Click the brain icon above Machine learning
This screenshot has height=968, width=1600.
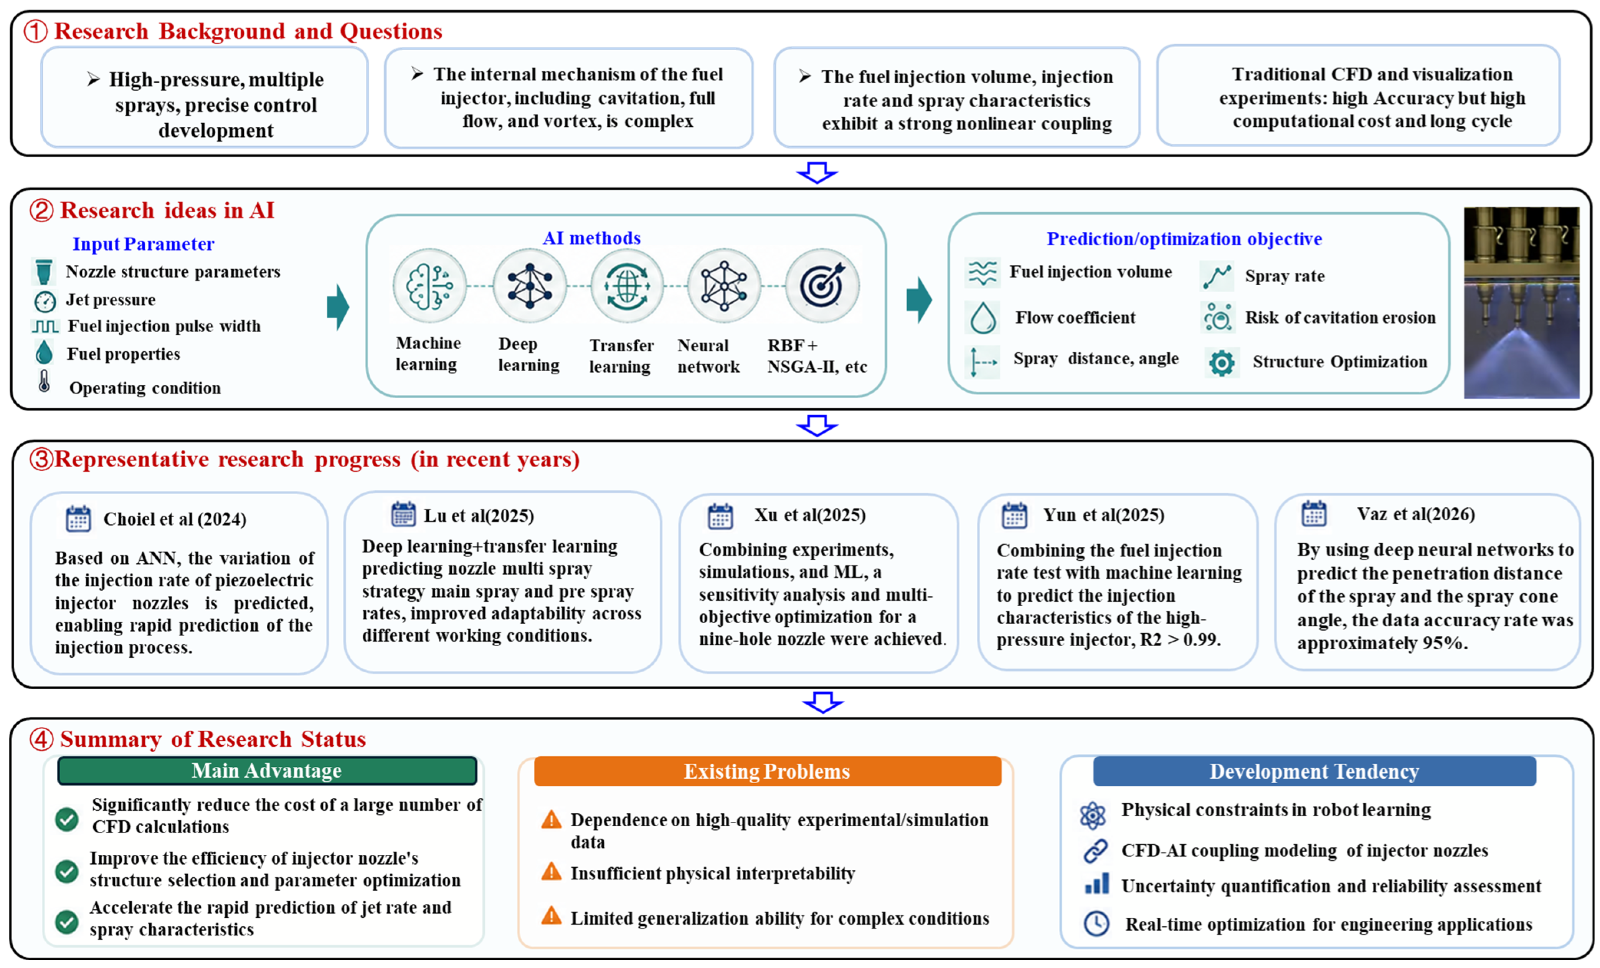coord(429,286)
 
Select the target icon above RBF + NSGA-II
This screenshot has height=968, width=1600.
coord(822,286)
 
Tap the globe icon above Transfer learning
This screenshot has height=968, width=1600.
coord(627,286)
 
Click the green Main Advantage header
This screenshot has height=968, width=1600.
coord(267,771)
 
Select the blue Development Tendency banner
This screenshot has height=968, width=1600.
coord(1314,771)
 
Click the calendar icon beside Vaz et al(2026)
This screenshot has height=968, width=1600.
coord(1314,513)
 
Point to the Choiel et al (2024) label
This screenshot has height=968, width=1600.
coord(175,519)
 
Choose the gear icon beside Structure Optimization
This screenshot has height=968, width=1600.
coord(1222,362)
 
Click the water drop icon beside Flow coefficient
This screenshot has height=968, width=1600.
coord(983,318)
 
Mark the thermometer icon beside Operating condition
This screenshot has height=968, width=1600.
coord(44,381)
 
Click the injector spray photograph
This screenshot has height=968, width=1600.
coord(1521,303)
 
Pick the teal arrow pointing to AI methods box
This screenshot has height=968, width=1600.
coord(338,307)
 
